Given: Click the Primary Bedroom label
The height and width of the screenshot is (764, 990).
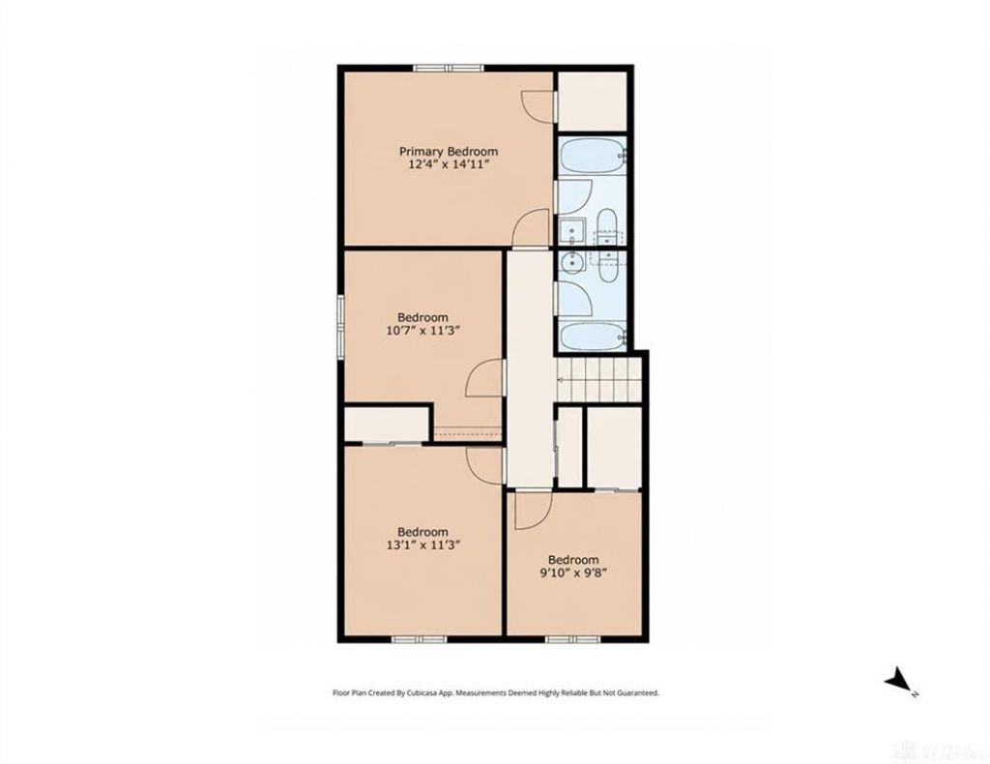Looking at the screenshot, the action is (x=449, y=152).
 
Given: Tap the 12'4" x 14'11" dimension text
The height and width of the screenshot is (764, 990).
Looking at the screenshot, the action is (x=449, y=165).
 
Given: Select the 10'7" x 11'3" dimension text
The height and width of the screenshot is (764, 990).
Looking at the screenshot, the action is (x=423, y=330).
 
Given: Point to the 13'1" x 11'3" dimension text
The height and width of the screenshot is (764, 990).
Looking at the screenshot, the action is (x=423, y=544).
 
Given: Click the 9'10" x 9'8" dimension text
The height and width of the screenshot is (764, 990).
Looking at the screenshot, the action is (x=573, y=573).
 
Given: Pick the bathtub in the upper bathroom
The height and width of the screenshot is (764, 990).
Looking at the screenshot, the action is (x=593, y=156).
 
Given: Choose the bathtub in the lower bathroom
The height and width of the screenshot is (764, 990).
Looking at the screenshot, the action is (x=593, y=337).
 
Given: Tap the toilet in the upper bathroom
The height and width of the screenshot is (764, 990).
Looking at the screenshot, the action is (x=607, y=226).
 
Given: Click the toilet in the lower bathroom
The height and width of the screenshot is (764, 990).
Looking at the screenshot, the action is (x=607, y=265).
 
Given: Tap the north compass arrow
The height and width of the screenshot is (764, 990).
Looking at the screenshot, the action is (x=897, y=681).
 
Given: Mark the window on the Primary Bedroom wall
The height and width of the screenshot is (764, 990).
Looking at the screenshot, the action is (x=449, y=68).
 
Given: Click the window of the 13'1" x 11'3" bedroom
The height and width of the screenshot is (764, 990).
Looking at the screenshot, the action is (x=420, y=639).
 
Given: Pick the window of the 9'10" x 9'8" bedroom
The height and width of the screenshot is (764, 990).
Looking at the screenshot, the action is (x=572, y=639).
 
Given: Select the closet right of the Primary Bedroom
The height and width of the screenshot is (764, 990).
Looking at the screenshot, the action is (x=592, y=101).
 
